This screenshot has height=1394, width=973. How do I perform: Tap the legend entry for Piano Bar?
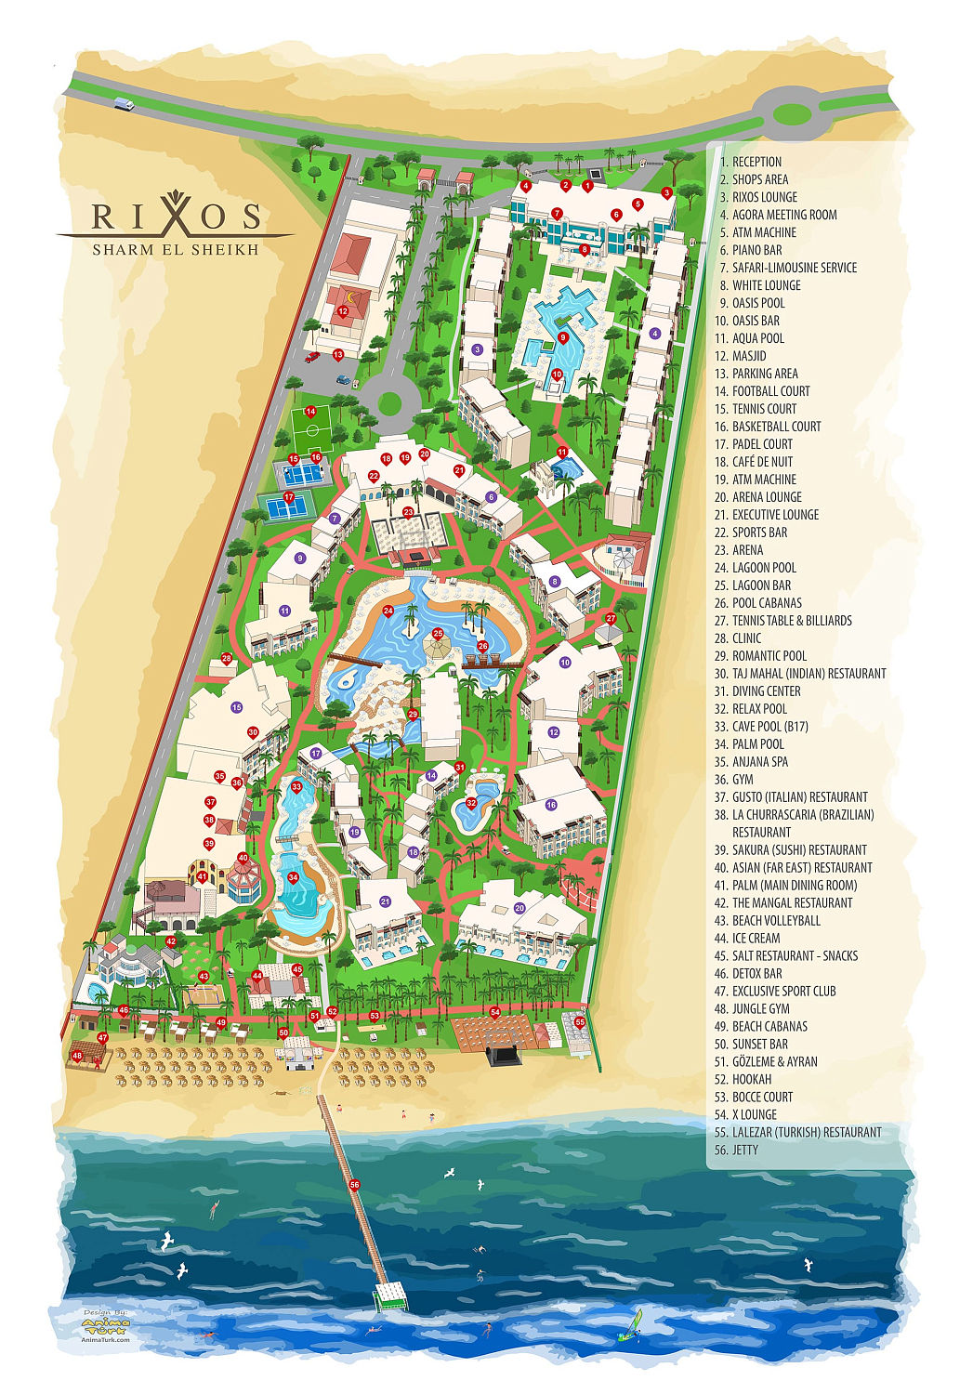pyautogui.click(x=756, y=250)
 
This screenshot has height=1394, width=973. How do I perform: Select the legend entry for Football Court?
pyautogui.click(x=770, y=391)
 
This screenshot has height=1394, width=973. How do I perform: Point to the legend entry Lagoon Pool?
pyautogui.click(x=764, y=568)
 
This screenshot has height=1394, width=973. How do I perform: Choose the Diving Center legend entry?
pyautogui.click(x=766, y=691)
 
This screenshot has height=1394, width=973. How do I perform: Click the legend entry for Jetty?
pyautogui.click(x=744, y=1151)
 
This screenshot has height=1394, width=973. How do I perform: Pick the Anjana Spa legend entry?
pyautogui.click(x=759, y=762)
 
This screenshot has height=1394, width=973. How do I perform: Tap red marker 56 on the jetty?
pyautogui.click(x=354, y=1185)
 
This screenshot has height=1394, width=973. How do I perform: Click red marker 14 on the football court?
pyautogui.click(x=310, y=412)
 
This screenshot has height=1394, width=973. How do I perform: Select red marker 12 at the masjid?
pyautogui.click(x=343, y=312)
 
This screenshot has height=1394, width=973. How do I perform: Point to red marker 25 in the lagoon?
pyautogui.click(x=438, y=634)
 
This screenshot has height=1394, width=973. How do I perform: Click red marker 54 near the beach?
pyautogui.click(x=495, y=1012)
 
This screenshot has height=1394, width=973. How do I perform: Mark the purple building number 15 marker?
pyautogui.click(x=237, y=707)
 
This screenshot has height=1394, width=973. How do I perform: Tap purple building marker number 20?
pyautogui.click(x=519, y=908)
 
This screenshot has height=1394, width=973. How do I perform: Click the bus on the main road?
pyautogui.click(x=125, y=105)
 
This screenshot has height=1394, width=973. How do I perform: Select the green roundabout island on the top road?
pyautogui.click(x=792, y=114)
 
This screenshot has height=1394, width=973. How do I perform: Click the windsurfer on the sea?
pyautogui.click(x=637, y=1325)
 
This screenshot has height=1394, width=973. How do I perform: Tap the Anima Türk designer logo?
pyautogui.click(x=105, y=1327)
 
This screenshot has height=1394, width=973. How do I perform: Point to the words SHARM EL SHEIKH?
pyautogui.click(x=176, y=250)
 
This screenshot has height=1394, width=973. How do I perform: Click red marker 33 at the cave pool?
pyautogui.click(x=296, y=787)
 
